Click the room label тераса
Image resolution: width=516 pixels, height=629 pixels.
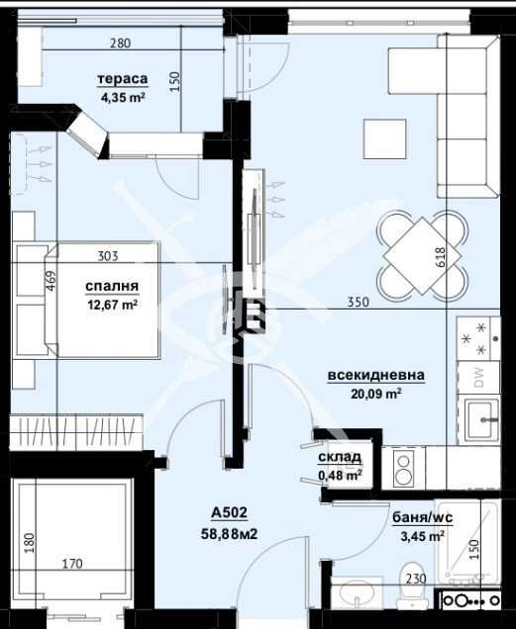click(123, 79)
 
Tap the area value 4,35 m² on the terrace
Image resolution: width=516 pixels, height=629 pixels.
click(123, 98)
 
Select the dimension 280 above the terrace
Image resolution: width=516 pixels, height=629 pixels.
click(121, 44)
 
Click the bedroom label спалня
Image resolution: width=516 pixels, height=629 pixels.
click(112, 287)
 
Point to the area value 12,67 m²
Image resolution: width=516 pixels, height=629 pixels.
click(112, 305)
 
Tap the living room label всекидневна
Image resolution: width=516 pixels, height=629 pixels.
click(377, 375)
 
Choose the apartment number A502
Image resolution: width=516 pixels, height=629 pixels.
click(228, 512)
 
